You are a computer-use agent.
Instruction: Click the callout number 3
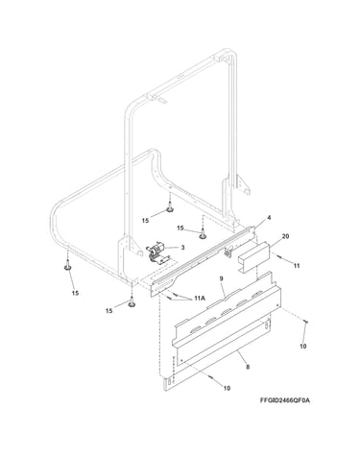182,247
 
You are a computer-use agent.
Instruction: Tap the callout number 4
269,218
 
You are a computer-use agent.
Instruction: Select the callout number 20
286,236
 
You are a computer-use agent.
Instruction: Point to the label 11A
200,299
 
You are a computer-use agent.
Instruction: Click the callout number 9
222,278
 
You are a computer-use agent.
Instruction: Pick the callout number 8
248,368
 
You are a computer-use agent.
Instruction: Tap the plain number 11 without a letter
297,266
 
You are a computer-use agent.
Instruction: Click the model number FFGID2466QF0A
285,400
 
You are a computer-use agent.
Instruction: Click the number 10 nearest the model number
227,388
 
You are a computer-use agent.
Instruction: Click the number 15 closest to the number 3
180,228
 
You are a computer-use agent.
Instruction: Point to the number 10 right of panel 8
303,346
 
